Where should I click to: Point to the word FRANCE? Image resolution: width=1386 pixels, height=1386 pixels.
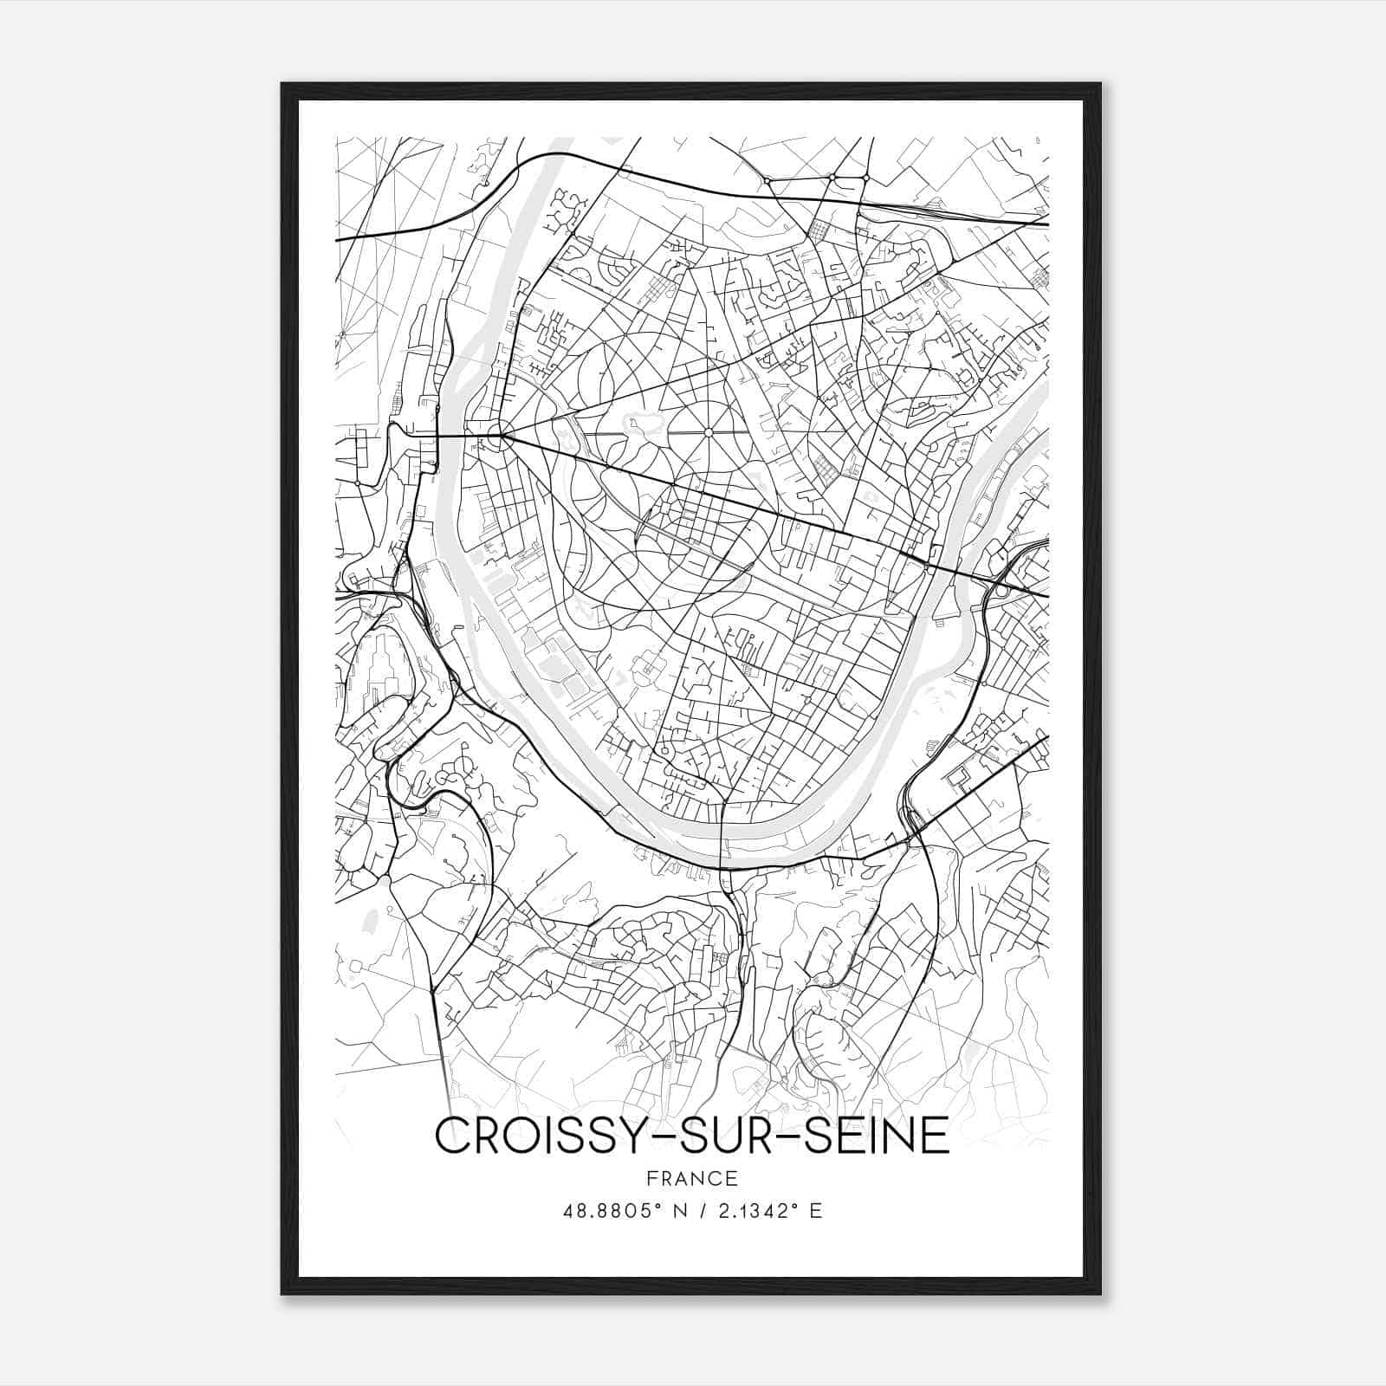tap(691, 1178)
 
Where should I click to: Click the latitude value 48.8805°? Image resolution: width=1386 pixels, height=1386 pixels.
tap(612, 1210)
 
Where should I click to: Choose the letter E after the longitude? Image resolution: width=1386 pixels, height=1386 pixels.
tap(815, 1210)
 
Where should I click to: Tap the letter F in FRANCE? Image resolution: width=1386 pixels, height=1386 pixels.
tap(651, 1178)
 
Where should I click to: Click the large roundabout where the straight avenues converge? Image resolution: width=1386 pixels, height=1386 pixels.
tap(496, 436)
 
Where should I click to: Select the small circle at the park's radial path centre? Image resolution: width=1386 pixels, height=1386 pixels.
tap(708, 432)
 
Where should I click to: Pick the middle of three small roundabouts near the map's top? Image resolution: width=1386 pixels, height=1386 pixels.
tap(832, 178)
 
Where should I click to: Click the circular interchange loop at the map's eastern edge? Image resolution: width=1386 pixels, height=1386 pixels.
tap(1001, 590)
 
